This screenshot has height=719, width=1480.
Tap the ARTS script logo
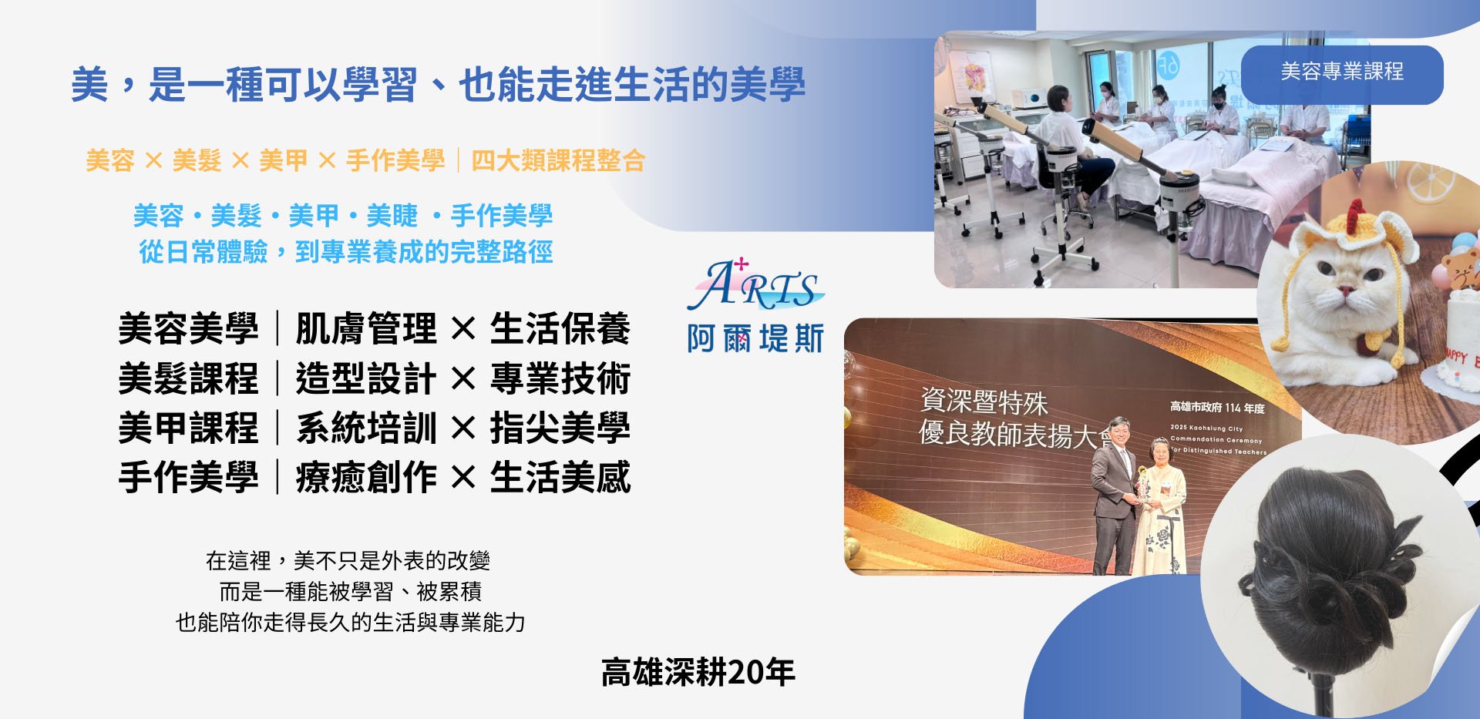pyautogui.click(x=755, y=286)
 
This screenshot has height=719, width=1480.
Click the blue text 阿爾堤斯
pyautogui.click(x=755, y=338)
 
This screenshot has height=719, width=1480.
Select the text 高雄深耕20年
pyautogui.click(x=698, y=672)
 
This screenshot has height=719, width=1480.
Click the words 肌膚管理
pyautogui.click(x=366, y=329)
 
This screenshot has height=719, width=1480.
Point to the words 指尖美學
pyautogui.click(x=560, y=428)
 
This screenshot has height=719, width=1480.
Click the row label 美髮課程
pyautogui.click(x=188, y=378)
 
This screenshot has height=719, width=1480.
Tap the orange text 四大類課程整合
pyautogui.click(x=558, y=160)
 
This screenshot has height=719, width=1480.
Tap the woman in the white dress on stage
pyautogui.click(x=1161, y=509)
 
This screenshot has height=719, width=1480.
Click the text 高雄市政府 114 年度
pyautogui.click(x=1216, y=407)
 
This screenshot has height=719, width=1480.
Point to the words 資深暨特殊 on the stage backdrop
pyautogui.click(x=984, y=401)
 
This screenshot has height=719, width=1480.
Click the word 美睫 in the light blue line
pyautogui.click(x=392, y=216)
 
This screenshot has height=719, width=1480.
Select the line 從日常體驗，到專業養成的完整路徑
pyautogui.click(x=345, y=252)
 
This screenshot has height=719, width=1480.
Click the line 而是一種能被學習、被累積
pyautogui.click(x=350, y=591)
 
